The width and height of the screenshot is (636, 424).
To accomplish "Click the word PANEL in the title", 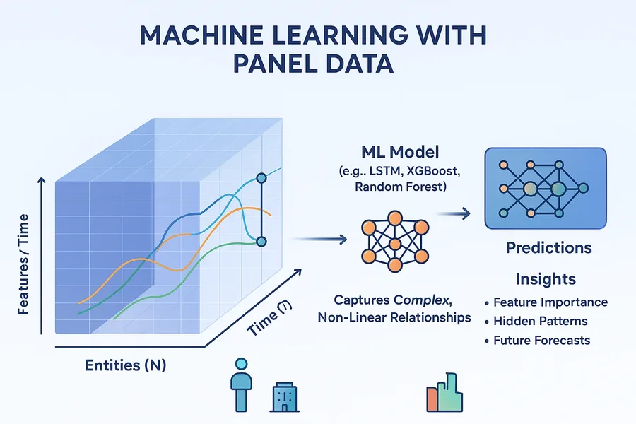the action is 274,64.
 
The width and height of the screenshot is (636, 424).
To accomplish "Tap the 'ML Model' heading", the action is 400,152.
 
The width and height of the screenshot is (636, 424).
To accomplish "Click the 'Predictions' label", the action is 548,247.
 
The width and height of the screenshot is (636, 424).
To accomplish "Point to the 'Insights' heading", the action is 546,279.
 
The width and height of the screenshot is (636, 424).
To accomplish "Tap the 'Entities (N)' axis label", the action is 125,365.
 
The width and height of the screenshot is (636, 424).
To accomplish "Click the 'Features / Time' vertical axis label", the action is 23,264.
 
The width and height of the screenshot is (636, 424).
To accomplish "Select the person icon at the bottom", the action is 242,384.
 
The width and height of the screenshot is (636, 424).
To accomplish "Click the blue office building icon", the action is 284,396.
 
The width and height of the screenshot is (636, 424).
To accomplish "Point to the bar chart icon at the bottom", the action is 444,392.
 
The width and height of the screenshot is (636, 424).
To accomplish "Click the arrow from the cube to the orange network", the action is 319,240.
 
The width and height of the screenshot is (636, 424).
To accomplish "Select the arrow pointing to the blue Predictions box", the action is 454,213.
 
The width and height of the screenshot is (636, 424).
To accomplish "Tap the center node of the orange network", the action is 394,244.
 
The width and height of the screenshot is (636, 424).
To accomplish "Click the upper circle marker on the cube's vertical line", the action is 261,177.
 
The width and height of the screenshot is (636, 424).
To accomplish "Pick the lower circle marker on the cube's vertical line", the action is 261,242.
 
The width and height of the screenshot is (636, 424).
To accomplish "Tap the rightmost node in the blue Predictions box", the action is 583,188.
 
